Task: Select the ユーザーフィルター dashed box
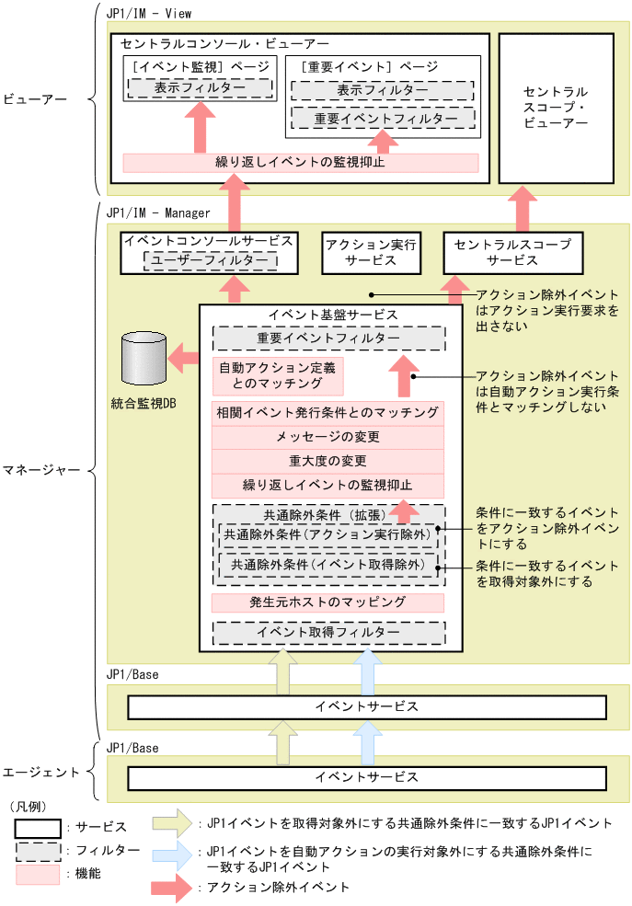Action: click(211, 261)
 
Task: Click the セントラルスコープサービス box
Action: click(513, 253)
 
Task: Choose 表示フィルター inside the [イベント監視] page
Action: click(200, 89)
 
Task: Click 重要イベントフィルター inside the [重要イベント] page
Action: click(382, 119)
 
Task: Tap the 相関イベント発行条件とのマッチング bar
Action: click(327, 412)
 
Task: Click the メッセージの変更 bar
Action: click(327, 437)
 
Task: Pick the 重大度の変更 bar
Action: click(327, 461)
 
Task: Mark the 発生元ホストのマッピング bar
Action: click(327, 603)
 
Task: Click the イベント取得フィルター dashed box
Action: click(327, 633)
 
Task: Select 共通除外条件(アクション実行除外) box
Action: click(327, 534)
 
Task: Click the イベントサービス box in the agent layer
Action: click(366, 777)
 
